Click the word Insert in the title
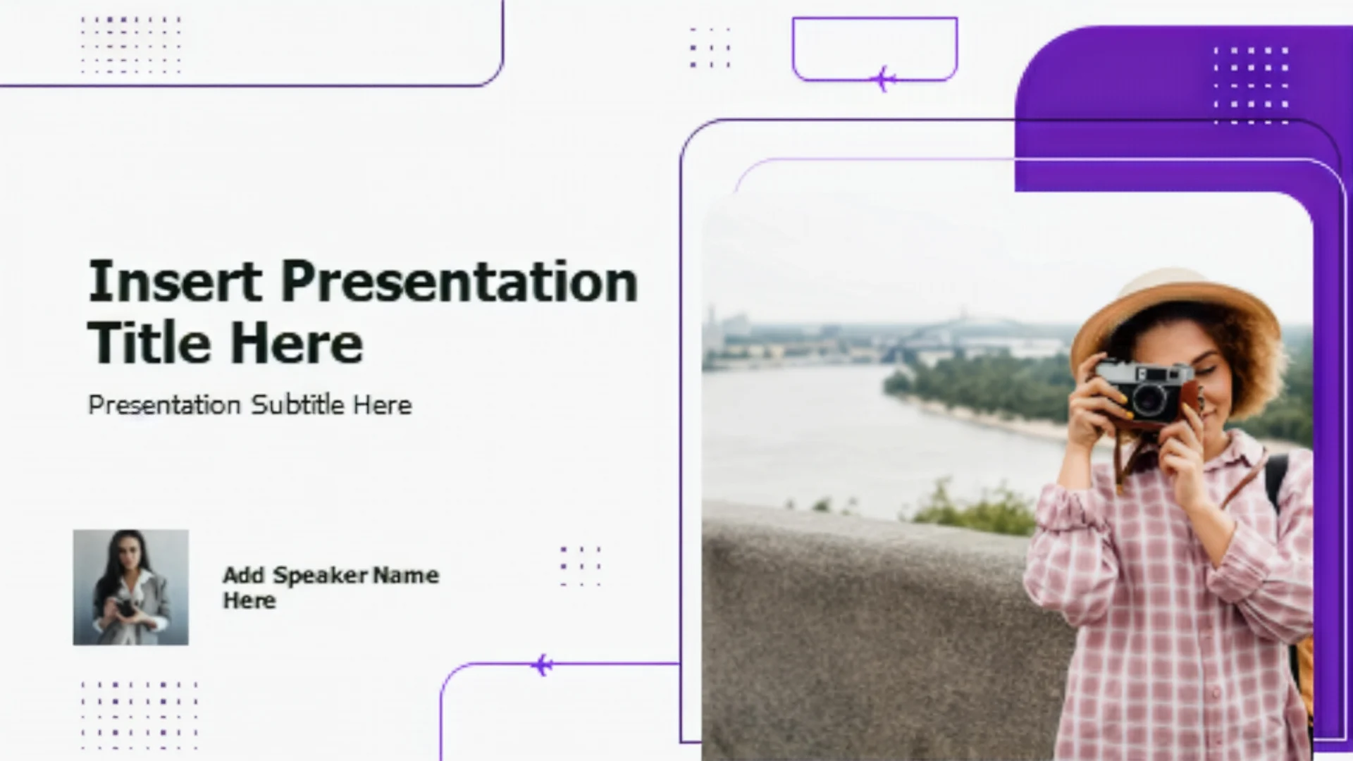175,280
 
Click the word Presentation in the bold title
459,282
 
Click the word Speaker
321,576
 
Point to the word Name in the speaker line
406,575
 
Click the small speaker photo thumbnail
130,587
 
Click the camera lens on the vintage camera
1150,400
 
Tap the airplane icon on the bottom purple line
542,664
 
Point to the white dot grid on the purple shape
1251,85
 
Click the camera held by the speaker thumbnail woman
125,607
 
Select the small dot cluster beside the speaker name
581,566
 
